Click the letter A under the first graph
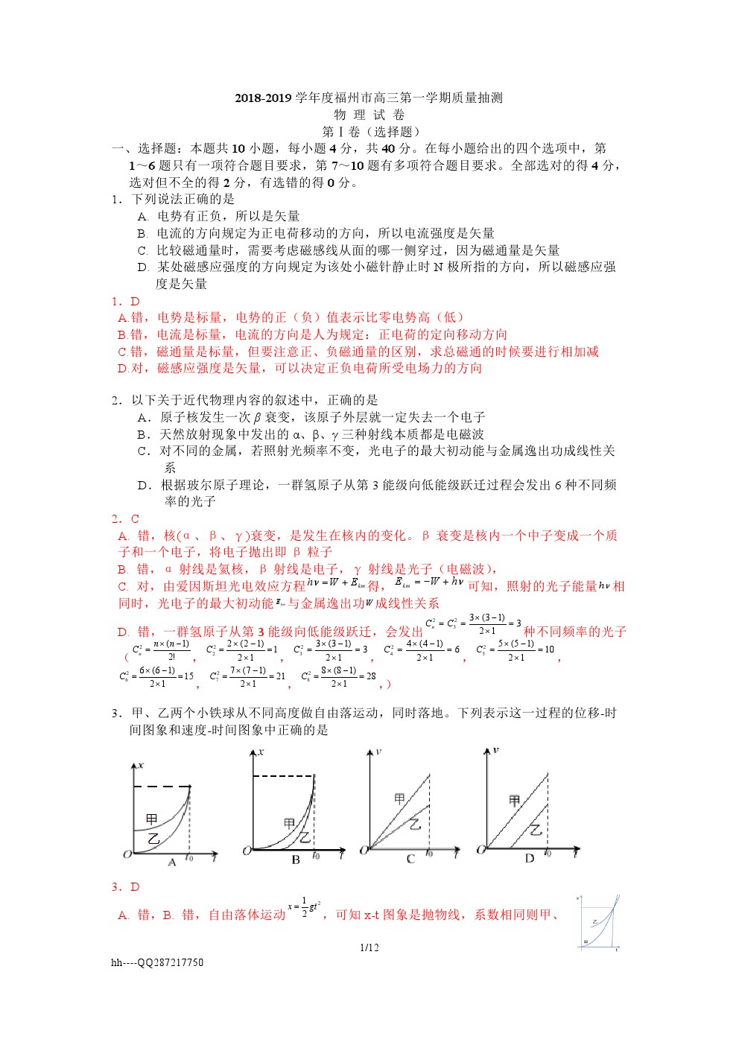pos(172,863)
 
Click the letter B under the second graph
pos(296,860)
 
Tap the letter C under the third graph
pos(410,860)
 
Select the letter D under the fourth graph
pos(530,859)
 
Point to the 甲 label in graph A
pos(152,819)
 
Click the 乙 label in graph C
pos(415,824)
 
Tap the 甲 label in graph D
pos(514,801)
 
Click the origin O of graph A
pos(127,854)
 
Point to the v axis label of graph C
pos(378,752)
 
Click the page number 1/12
pos(369,947)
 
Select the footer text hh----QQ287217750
pos(157,962)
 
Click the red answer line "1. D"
pos(126,301)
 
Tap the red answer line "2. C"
pos(126,518)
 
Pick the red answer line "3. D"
pos(126,886)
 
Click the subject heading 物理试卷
pos(369,115)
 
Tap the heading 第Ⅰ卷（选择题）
pos(369,132)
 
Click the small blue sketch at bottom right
pos(599,924)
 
